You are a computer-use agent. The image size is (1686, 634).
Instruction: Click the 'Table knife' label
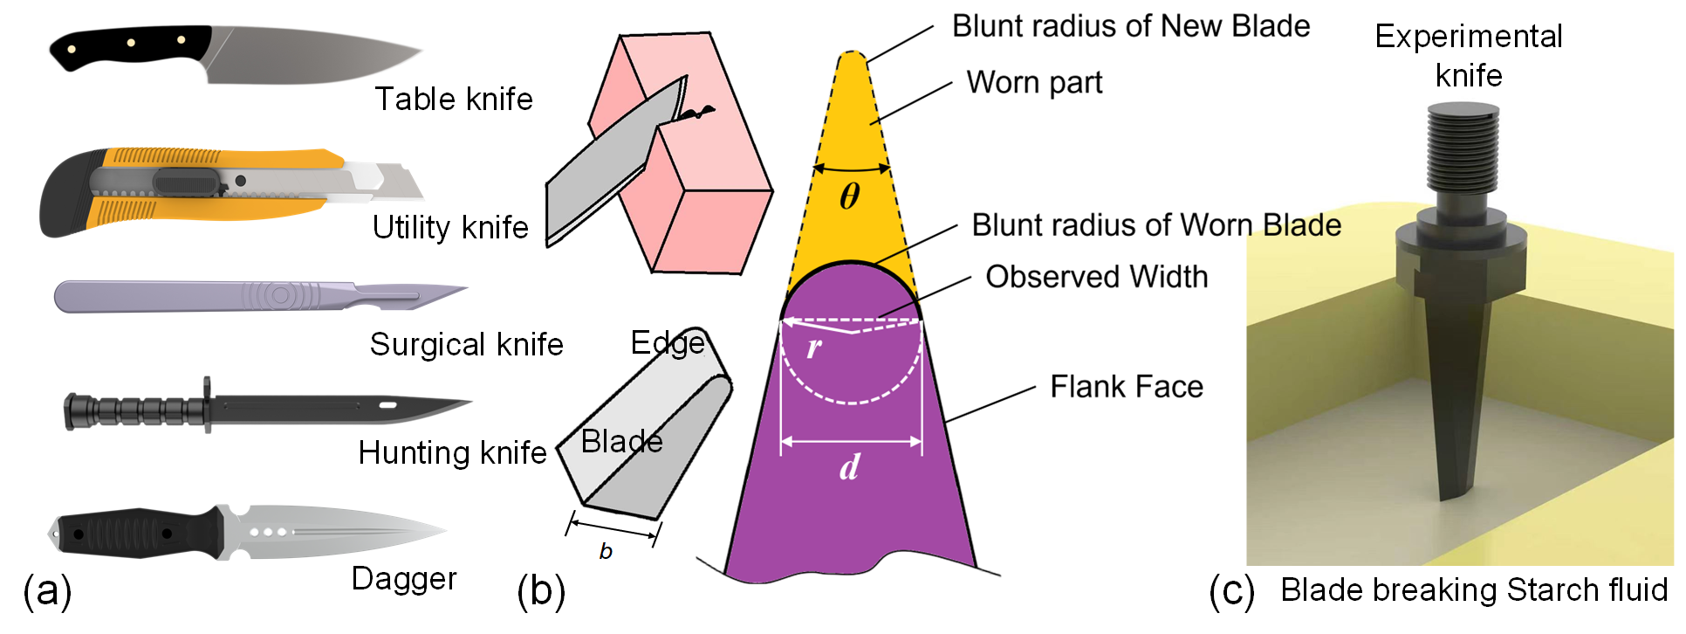(x=454, y=99)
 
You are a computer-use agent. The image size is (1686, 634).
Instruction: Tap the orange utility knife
(x=231, y=191)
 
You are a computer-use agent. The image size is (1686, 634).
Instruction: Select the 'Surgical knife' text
(x=466, y=344)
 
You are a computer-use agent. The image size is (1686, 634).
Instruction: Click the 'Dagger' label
(x=404, y=579)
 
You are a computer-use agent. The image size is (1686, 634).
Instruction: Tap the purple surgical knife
(x=261, y=296)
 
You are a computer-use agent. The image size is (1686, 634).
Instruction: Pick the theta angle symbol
(x=850, y=196)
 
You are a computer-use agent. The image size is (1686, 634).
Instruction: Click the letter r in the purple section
(x=814, y=348)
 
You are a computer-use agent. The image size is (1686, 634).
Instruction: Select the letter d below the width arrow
(x=850, y=466)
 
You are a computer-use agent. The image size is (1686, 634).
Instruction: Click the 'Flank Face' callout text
(x=1127, y=386)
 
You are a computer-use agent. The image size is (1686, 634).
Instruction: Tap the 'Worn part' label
(x=1034, y=83)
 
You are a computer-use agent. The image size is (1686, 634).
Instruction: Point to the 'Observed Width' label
(x=1097, y=277)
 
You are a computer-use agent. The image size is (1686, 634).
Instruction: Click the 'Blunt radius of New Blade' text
(x=1131, y=26)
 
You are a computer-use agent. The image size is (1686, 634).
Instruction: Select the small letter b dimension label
(x=606, y=551)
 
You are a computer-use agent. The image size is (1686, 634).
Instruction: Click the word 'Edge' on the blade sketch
(x=668, y=343)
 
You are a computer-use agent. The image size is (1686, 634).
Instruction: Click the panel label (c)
(x=1231, y=590)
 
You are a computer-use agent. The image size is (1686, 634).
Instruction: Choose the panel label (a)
(x=47, y=590)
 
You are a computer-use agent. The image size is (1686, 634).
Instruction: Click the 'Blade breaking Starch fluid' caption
(x=1474, y=590)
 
